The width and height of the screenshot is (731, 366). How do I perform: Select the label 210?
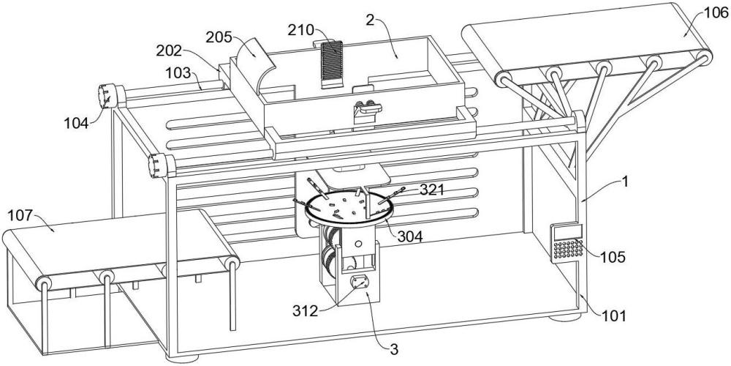coord(300,30)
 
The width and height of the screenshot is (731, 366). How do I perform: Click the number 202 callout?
coord(170,52)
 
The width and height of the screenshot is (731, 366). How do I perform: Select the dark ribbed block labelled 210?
coord(333,64)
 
